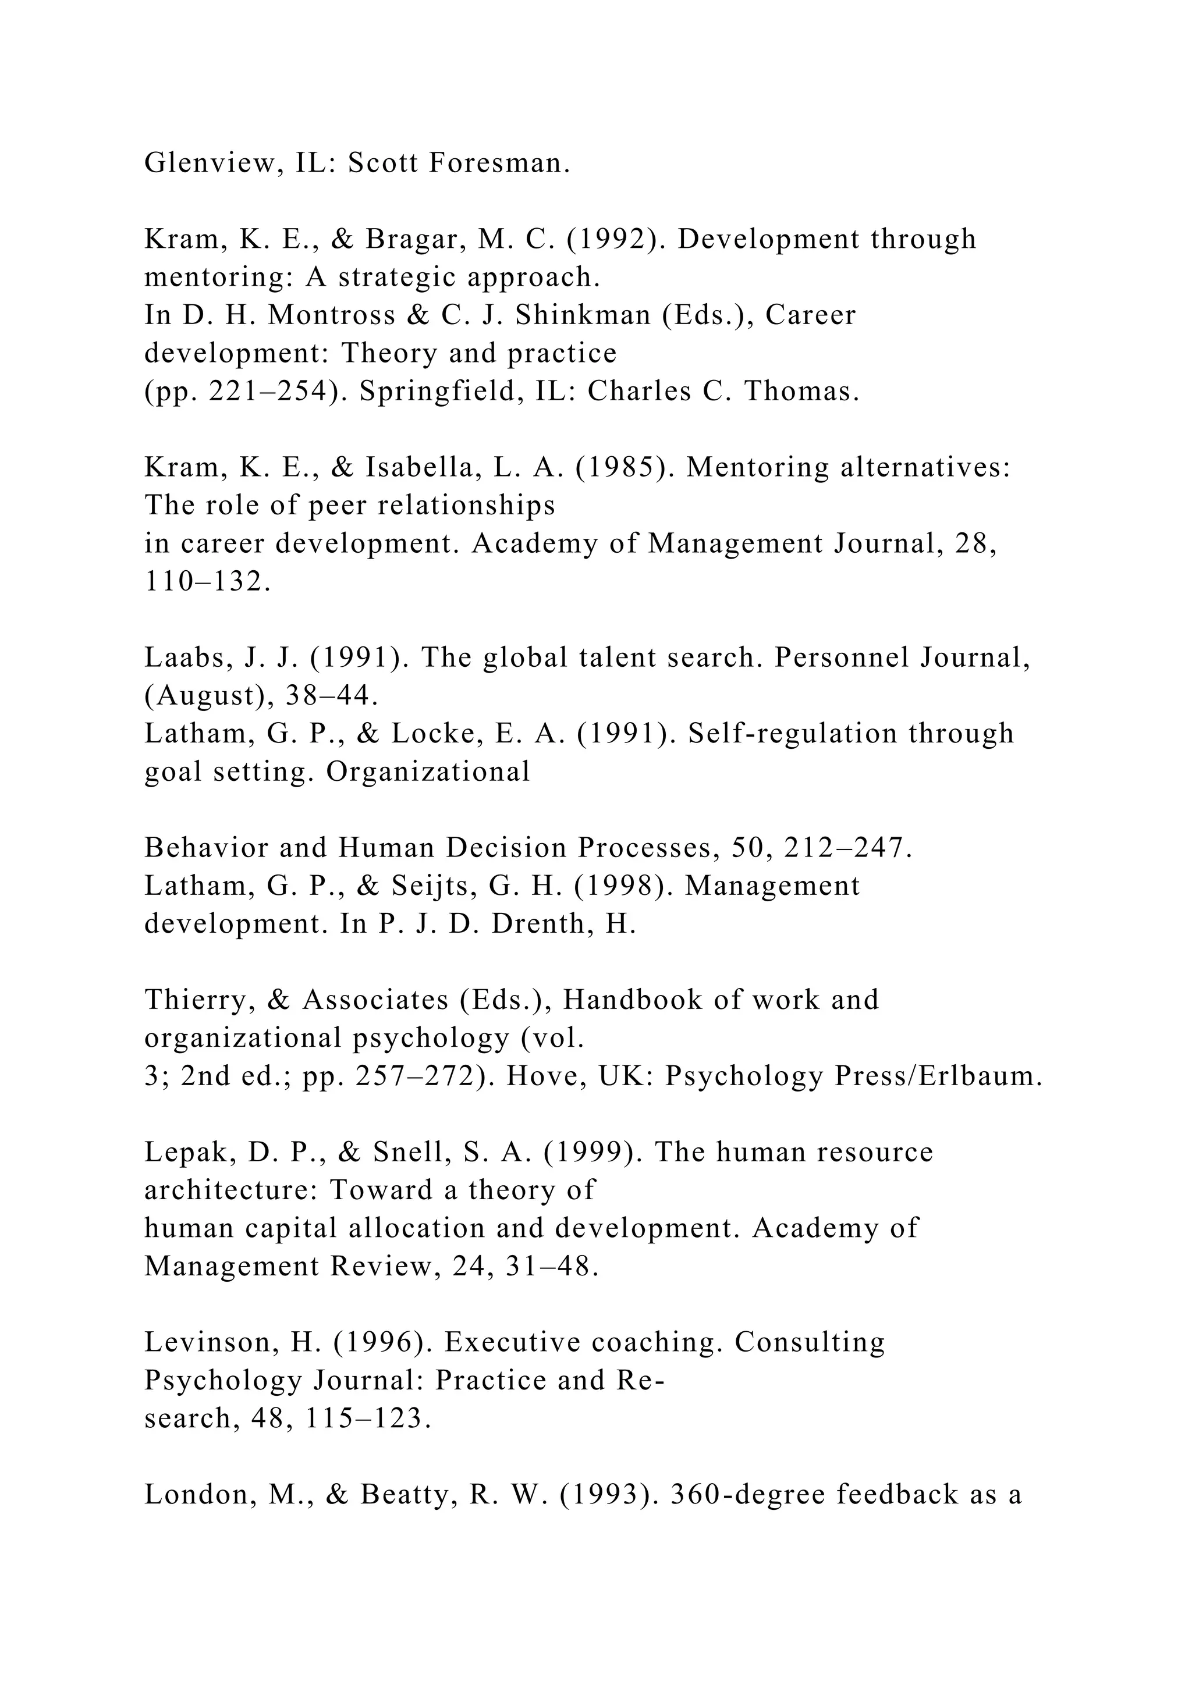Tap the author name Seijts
[433, 886]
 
